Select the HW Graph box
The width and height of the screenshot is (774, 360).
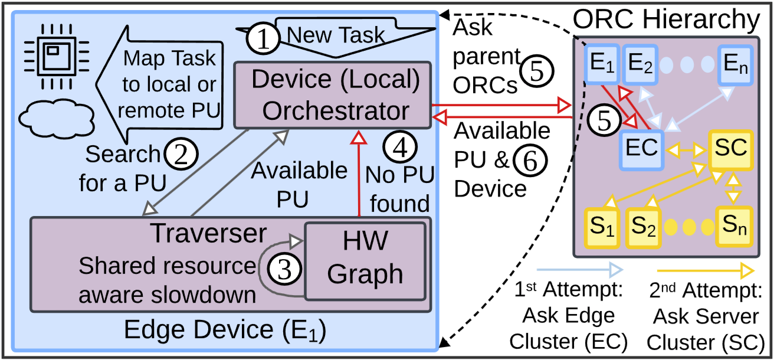tap(365, 260)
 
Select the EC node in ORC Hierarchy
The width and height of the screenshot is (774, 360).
tap(641, 148)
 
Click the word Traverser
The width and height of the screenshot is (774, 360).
tap(209, 234)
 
